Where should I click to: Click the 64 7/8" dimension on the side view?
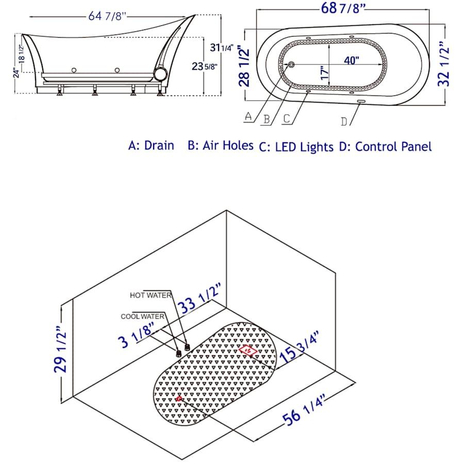tap(107, 16)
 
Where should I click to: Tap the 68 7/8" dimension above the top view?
tap(343, 8)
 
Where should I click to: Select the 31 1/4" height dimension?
tap(222, 47)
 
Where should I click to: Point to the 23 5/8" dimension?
tap(204, 67)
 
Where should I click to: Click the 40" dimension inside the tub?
tap(352, 60)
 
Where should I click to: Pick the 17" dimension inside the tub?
tap(325, 72)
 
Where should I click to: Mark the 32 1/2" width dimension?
tap(443, 64)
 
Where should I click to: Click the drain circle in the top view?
tap(291, 64)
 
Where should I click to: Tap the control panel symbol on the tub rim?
tap(361, 102)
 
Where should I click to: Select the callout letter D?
tap(344, 121)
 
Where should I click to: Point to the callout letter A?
tap(248, 116)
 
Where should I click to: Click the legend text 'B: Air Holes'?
tap(221, 145)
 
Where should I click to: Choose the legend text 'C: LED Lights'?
tap(296, 147)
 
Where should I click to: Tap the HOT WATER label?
tap(151, 295)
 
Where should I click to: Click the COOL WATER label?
tap(142, 317)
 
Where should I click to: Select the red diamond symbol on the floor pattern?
tap(248, 351)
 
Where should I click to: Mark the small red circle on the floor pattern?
tap(179, 399)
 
